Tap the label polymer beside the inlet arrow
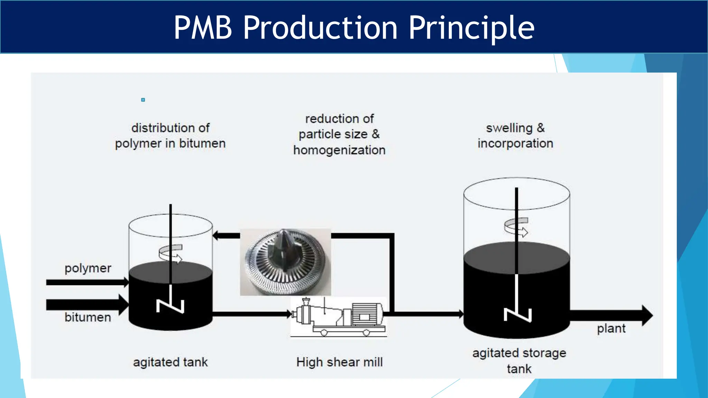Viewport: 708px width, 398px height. [88, 268]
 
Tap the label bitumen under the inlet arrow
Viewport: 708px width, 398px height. [88, 317]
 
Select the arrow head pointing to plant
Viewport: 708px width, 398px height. [647, 315]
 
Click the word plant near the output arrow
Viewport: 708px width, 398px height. [611, 328]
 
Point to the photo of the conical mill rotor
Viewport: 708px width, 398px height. [285, 262]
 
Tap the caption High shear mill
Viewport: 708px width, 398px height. [339, 362]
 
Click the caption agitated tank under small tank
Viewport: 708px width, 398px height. [170, 362]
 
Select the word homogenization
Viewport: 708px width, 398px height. [339, 150]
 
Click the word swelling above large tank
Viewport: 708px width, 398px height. [509, 128]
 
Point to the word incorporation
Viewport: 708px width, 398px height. [515, 143]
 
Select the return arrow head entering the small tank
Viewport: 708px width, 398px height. [216, 236]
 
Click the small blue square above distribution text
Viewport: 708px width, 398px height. [143, 100]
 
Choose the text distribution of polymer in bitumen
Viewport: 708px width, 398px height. [170, 136]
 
